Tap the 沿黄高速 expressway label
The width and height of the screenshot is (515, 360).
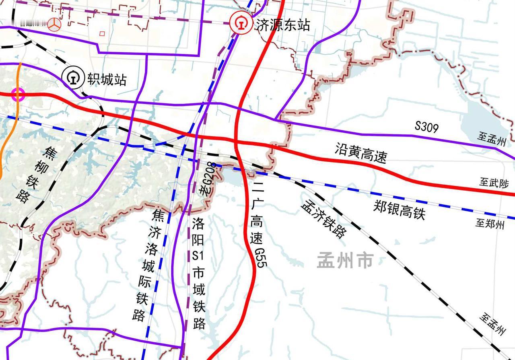(x=360, y=152)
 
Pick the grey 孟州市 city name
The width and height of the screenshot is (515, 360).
(x=345, y=261)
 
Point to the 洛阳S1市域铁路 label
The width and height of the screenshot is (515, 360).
(x=198, y=274)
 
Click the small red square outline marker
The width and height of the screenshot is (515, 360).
(x=102, y=34)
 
